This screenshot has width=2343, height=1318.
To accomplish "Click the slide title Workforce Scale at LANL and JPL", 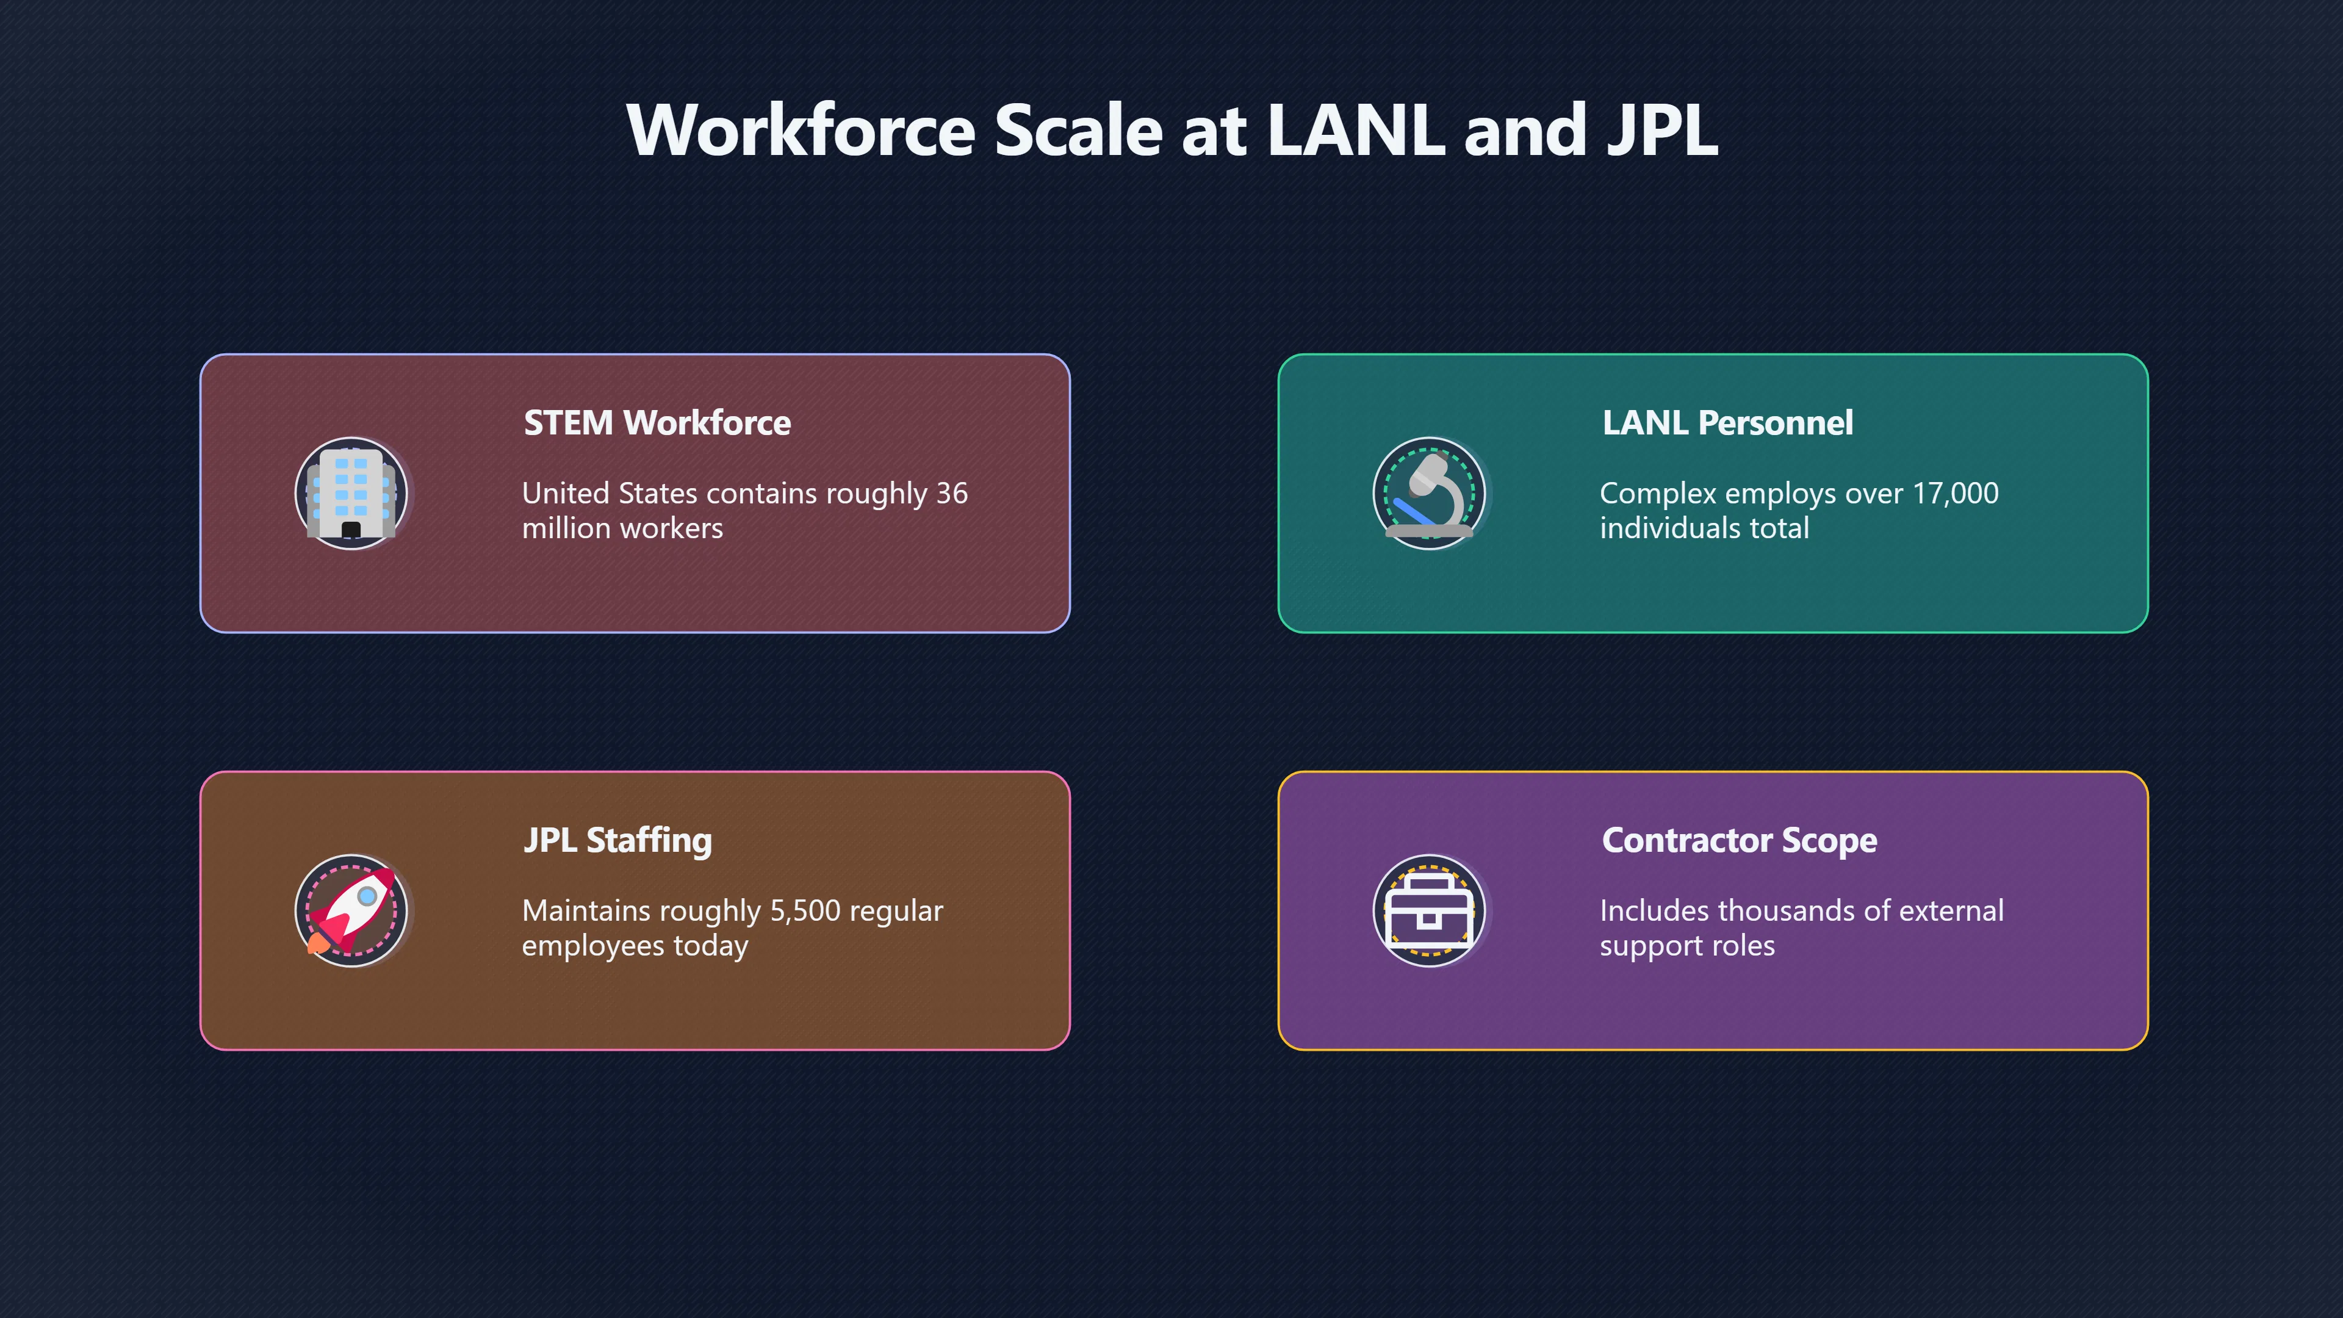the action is [1171, 130].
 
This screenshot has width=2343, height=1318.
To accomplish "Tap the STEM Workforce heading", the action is [657, 423].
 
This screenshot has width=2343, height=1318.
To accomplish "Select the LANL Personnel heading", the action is [1727, 423].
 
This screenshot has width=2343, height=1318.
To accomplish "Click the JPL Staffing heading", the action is [617, 840].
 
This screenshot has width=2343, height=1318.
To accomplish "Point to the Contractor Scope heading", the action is [1739, 840].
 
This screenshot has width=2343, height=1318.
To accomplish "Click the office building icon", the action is [351, 493].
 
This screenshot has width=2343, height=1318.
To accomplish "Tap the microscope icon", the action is [1429, 493].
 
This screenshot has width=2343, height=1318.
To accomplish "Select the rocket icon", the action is [351, 910].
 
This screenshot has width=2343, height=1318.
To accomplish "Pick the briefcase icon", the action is [1429, 910].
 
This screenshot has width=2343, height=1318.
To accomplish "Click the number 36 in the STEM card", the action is [952, 493].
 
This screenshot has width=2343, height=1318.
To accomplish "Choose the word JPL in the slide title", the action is [1663, 130].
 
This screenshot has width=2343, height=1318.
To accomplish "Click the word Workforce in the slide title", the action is [801, 130].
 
